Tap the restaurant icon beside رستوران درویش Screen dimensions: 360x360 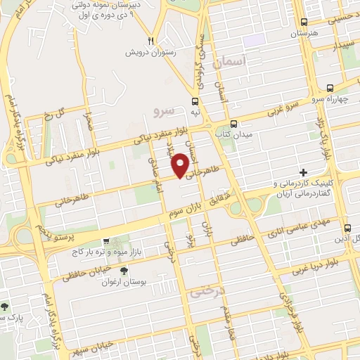click(151, 41)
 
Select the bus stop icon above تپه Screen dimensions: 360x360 click(195, 101)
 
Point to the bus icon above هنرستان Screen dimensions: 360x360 click(304, 22)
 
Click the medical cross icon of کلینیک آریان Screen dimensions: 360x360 click(303, 172)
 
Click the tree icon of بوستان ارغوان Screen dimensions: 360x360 click(124, 271)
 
